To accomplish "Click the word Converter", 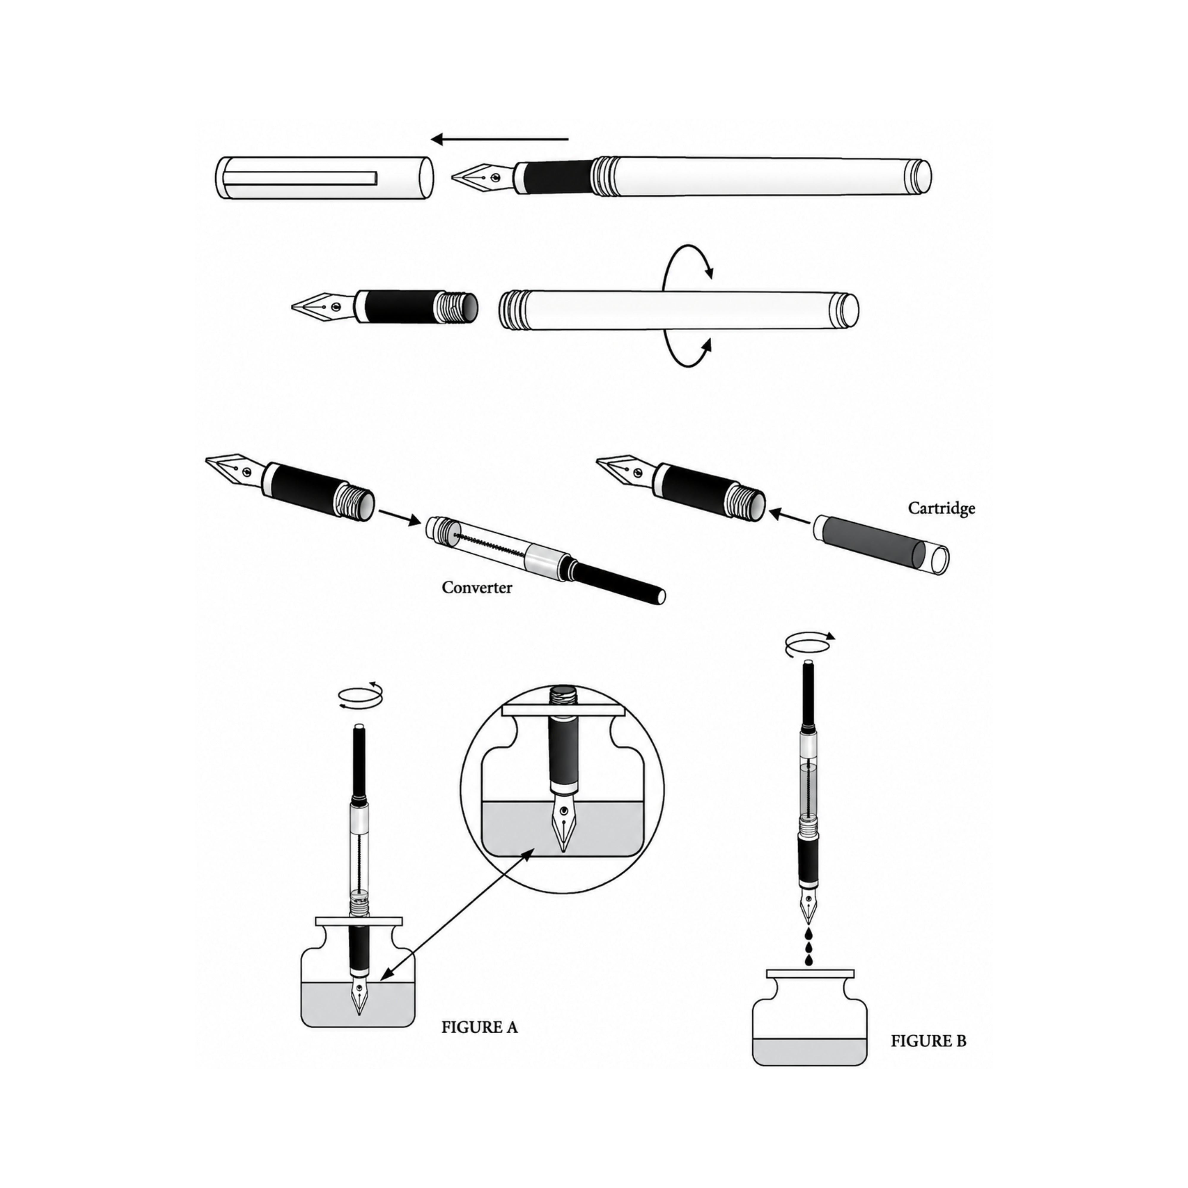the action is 477,587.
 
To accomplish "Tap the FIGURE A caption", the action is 480,1027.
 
